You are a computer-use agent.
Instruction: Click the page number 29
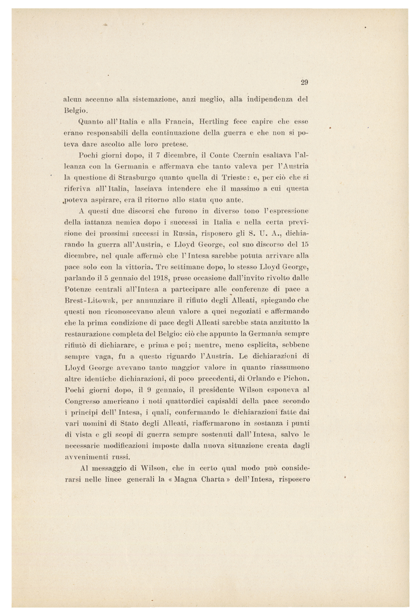[305, 82]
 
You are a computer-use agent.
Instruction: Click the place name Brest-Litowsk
[90, 300]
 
